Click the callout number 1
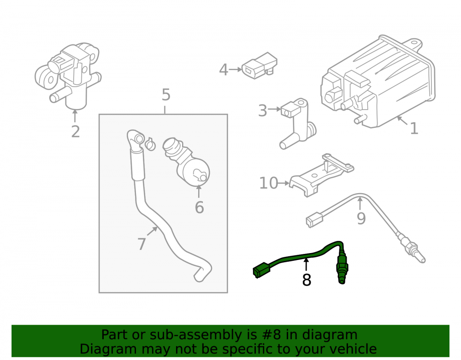coord(414,129)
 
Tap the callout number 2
coord(76,132)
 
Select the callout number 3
coord(262,111)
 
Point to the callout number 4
coord(224,70)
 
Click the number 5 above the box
coord(166,95)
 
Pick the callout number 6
coord(199,207)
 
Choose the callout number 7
coord(142,244)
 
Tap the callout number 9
coord(361,218)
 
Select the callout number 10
coord(268,183)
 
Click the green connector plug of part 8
coord(261,270)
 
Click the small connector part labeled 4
coord(259,66)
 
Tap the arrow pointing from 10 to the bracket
coord(284,183)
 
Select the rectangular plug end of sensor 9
coord(314,220)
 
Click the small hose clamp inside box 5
coord(150,143)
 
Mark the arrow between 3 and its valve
coord(274,109)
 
